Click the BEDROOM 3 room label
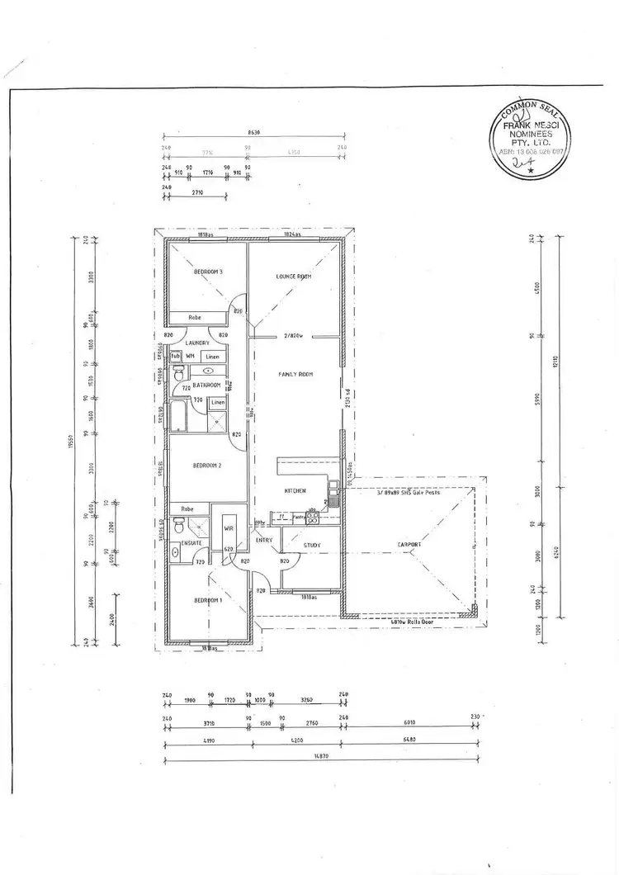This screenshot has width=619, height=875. (x=209, y=272)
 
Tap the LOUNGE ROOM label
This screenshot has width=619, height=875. (x=293, y=277)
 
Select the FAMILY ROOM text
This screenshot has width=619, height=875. (x=295, y=375)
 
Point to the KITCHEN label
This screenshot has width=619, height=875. (x=295, y=491)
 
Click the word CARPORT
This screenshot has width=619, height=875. (x=409, y=545)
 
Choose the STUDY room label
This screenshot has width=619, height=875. (x=311, y=545)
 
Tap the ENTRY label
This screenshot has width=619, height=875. (x=264, y=541)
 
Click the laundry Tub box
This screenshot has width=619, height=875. (x=175, y=356)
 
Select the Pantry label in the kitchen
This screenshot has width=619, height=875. (x=299, y=518)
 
